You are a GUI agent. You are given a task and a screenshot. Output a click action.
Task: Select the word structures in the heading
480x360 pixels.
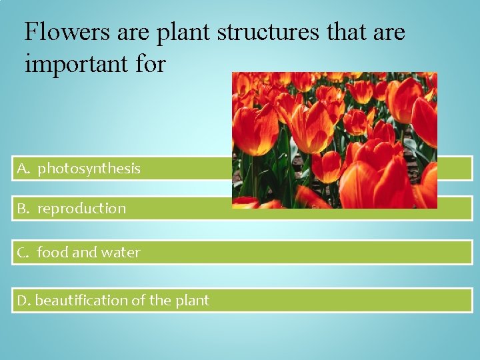pos(267,31)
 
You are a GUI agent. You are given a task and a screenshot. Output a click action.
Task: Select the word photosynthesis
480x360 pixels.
pos(89,169)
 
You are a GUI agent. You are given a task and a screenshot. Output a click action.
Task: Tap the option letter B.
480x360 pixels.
pos(23,209)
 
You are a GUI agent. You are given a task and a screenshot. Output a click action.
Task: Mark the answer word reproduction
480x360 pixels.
pos(81,209)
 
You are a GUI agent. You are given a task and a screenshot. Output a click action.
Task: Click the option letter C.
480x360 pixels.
pos(23,253)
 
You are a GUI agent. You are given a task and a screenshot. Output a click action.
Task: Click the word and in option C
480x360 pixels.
pos(84,253)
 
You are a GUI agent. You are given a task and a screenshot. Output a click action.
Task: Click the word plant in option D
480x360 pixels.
pos(192,301)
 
